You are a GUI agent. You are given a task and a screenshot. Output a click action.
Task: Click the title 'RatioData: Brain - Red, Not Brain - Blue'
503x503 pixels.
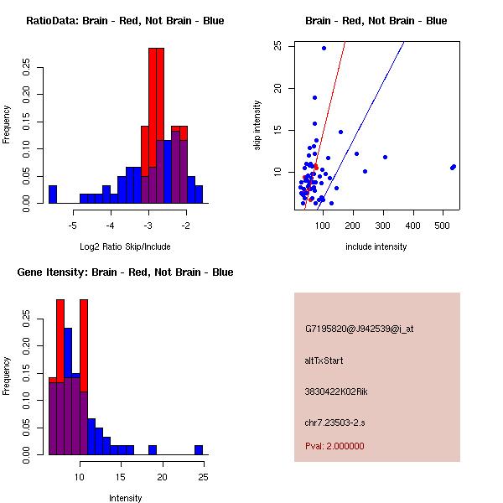coord(125,21)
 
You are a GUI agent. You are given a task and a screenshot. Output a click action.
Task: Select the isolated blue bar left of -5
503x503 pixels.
coord(52,194)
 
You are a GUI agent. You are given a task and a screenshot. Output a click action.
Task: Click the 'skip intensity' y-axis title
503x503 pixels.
coord(257,126)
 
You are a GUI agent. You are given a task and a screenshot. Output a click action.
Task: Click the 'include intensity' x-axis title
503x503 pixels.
coord(376,246)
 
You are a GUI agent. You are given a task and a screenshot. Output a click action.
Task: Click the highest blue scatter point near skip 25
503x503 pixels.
coord(324,48)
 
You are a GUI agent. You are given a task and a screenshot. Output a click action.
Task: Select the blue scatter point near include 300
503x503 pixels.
coord(385,157)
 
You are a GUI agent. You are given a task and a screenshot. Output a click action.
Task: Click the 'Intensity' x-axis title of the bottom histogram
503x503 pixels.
coord(126,498)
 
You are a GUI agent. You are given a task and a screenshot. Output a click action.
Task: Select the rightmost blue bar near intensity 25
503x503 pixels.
coord(199,449)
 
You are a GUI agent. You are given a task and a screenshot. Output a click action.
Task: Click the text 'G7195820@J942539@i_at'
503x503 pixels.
coord(360,329)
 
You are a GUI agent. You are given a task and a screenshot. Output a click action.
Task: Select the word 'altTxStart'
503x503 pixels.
coord(324,360)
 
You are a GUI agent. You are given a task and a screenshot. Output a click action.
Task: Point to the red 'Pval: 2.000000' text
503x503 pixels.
coord(334,446)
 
